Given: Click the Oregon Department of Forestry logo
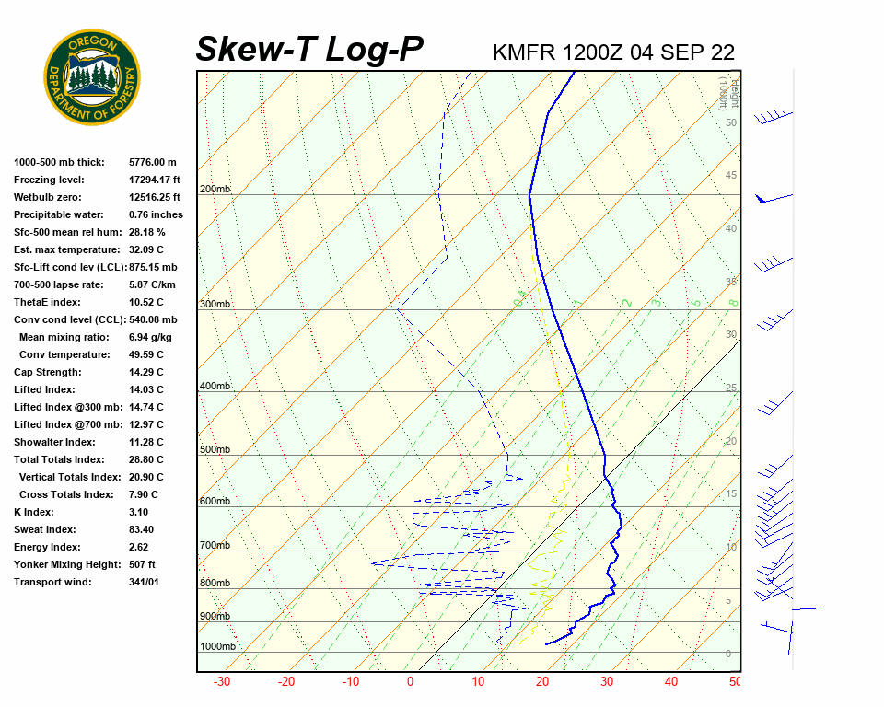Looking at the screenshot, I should coord(92,76).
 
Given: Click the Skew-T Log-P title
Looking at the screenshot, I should coord(310,50).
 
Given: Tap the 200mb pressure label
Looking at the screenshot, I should coord(215,190).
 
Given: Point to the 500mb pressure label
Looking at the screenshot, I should coord(215,450).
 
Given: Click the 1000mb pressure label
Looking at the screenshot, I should coord(218,647).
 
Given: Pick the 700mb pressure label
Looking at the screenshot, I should coord(215,546).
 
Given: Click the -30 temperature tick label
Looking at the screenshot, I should coord(222,682).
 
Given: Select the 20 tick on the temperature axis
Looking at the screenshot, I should coord(542,682).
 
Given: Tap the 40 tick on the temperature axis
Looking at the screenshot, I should coord(670,682).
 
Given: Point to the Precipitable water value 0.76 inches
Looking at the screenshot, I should coord(156,214).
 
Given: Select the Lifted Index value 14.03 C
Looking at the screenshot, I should coord(145,389).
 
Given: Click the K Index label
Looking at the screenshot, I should coord(33,512).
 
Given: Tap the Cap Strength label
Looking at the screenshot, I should coord(47,372).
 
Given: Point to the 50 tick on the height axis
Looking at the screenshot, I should coord(730,122).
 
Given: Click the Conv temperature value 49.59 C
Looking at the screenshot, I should coord(145,354).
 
